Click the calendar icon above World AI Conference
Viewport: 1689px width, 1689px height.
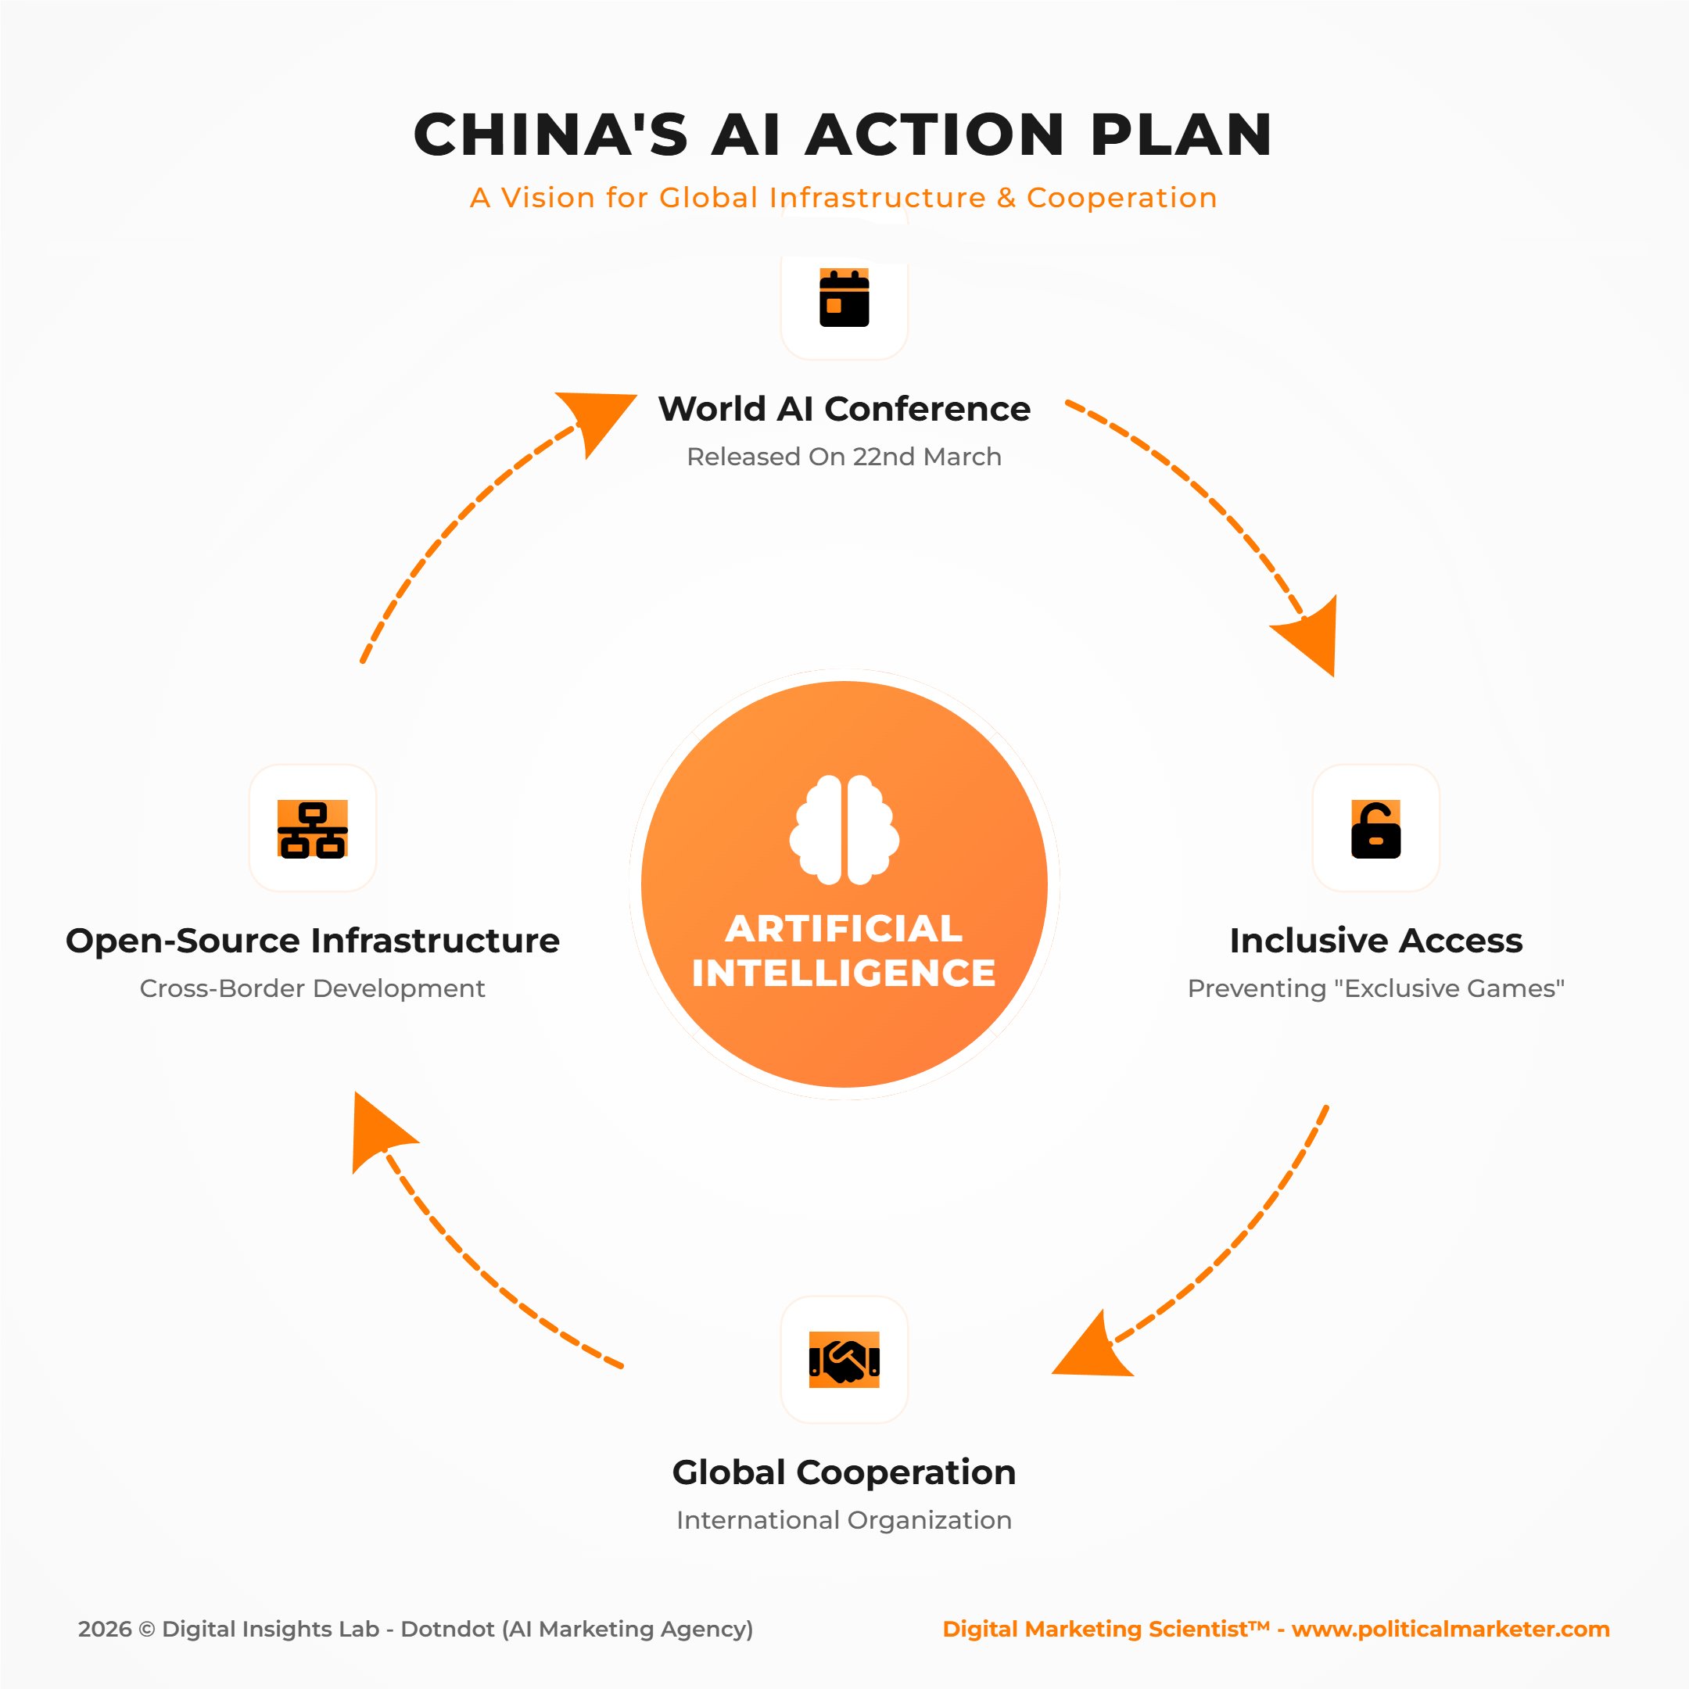(x=844, y=298)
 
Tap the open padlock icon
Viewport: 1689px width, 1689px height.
(x=1375, y=830)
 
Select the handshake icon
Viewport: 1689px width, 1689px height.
(x=844, y=1360)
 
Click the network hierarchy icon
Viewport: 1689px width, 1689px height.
(x=312, y=830)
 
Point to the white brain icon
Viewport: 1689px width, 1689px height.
(x=844, y=829)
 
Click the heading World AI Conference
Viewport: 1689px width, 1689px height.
(x=844, y=409)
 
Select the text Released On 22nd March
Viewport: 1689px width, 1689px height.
(x=844, y=457)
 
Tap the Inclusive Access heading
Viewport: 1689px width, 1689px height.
(x=1375, y=941)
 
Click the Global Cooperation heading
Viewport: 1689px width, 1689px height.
(x=844, y=1472)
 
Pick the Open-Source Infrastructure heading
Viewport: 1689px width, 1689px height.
(x=312, y=941)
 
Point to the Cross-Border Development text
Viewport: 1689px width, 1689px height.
(x=312, y=988)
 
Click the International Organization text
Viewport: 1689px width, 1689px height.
(x=844, y=1519)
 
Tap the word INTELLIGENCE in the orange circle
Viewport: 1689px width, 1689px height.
(x=844, y=973)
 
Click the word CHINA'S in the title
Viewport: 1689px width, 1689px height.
(x=550, y=134)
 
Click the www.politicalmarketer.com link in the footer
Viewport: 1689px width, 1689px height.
(x=1451, y=1629)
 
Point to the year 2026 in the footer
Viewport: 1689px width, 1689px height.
(x=104, y=1629)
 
